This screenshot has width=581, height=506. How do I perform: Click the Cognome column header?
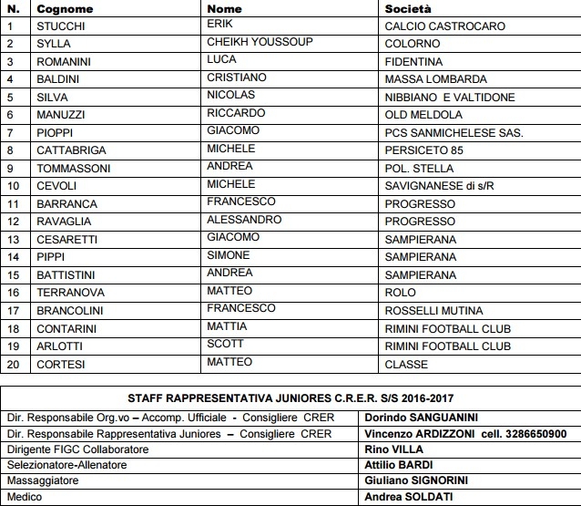[x=66, y=9]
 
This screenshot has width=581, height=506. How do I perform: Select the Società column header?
[x=408, y=9]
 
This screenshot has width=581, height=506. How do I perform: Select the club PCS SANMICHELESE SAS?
[x=454, y=133]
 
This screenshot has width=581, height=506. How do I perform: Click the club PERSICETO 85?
[x=423, y=150]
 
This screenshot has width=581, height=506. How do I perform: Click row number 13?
[x=13, y=240]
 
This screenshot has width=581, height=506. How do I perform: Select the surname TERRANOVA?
[x=70, y=293]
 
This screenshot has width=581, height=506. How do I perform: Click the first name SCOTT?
[x=225, y=345]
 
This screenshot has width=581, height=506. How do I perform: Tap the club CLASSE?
[x=406, y=365]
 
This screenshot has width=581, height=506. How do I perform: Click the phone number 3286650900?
[x=532, y=433]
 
